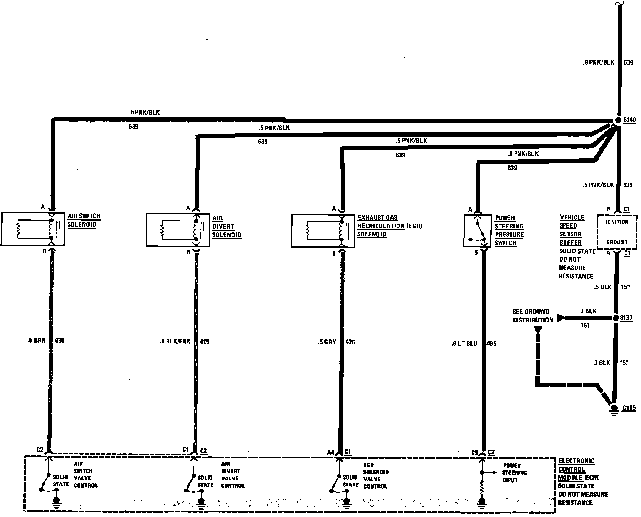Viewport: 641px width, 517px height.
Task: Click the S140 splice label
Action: pos(629,120)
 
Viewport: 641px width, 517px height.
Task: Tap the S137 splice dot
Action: pos(616,318)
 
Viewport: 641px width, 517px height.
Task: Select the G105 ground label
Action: pos(629,408)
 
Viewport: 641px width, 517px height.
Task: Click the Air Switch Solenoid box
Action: pos(33,229)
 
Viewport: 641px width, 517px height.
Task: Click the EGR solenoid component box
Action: pos(323,230)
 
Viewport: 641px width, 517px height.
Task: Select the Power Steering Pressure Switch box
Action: pos(478,231)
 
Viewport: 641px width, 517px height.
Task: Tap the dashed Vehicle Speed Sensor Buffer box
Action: pos(617,232)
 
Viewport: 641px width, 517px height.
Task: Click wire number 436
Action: pos(59,340)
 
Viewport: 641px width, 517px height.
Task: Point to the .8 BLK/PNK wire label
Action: pos(175,341)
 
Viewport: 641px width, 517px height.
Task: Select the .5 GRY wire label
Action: pos(327,342)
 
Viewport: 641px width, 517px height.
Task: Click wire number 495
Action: pos(491,343)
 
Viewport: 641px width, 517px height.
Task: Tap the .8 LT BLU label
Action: pos(464,343)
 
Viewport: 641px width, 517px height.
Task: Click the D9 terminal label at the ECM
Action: pos(474,452)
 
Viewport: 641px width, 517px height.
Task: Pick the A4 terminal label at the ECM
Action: pos(331,452)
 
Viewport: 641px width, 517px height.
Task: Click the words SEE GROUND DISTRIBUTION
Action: pos(532,316)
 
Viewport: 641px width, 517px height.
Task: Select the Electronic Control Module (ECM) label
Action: pos(576,469)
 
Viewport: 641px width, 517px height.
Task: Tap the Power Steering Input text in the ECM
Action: pos(515,473)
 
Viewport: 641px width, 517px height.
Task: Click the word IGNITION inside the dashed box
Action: pos(617,222)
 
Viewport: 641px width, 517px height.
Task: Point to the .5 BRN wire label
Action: pos(37,340)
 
